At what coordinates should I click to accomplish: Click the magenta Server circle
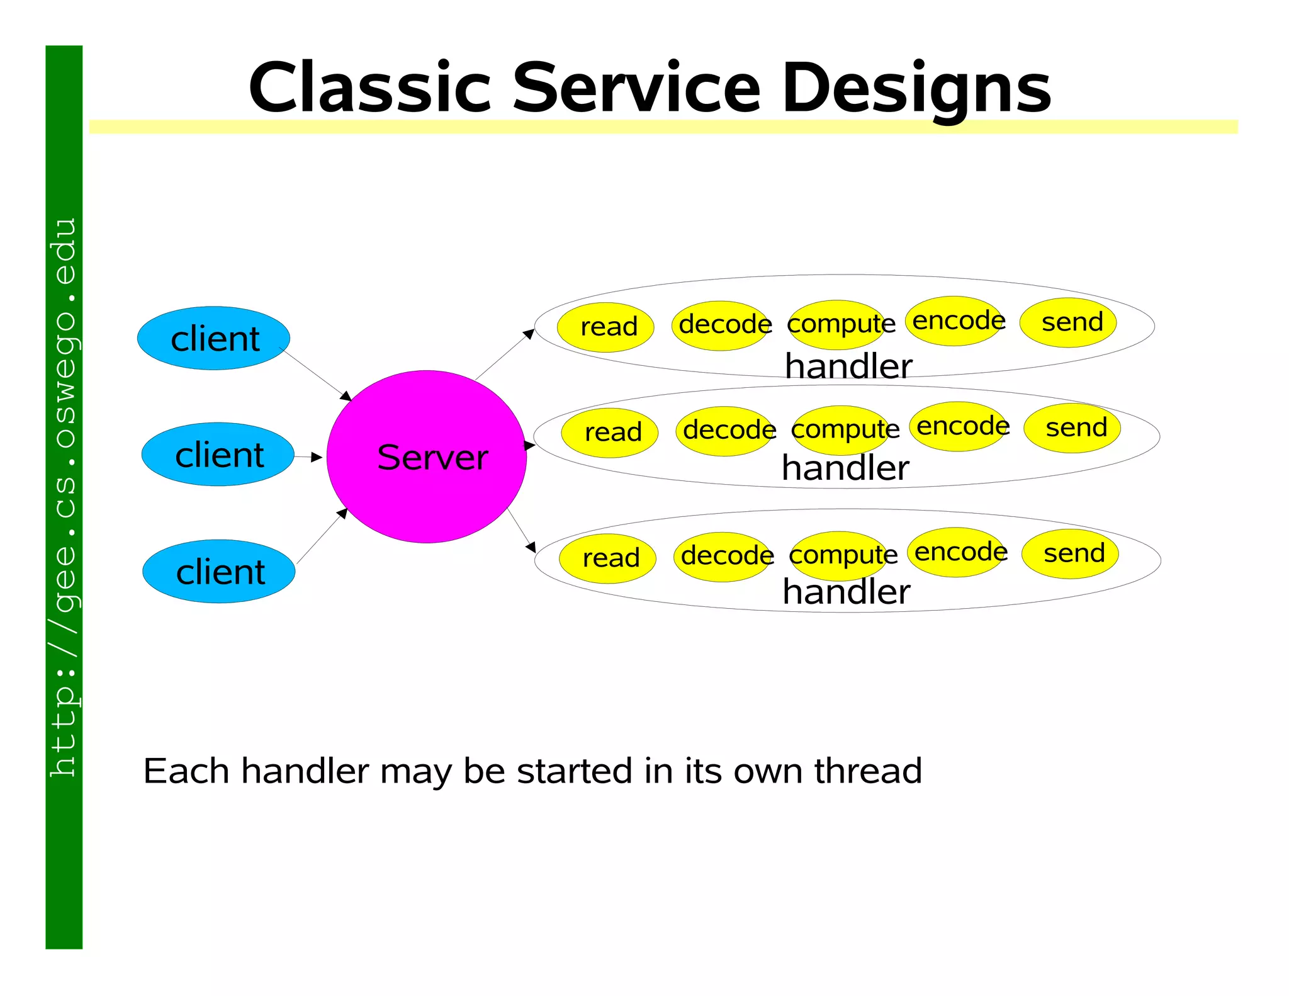[x=426, y=456]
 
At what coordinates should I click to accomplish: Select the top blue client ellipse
[x=213, y=338]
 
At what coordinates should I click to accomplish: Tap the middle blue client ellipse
[x=218, y=454]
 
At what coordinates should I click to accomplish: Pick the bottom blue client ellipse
[x=219, y=571]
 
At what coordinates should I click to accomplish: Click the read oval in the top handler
[x=605, y=327]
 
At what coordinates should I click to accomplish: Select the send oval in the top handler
[x=1068, y=322]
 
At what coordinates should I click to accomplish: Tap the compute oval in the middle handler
[x=841, y=430]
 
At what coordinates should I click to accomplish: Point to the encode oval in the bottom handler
[x=956, y=552]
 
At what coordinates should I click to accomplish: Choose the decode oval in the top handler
[x=721, y=325]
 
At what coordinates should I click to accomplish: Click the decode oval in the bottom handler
[x=723, y=556]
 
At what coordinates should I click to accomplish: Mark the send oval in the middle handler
[x=1072, y=428]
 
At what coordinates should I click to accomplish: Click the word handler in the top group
[x=848, y=366]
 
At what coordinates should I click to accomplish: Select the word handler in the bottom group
[x=847, y=592]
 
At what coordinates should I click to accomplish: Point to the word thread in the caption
[x=868, y=771]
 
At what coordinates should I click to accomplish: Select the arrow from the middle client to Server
[x=308, y=457]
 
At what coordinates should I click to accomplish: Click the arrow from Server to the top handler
[x=504, y=354]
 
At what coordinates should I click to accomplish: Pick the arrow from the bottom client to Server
[x=322, y=536]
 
